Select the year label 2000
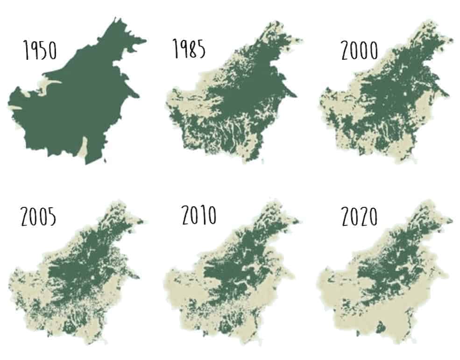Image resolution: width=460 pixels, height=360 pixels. click(359, 50)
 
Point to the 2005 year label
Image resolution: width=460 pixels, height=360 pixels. click(39, 216)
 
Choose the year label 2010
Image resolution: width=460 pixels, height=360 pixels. click(199, 215)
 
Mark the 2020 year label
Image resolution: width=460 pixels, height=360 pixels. click(359, 216)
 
